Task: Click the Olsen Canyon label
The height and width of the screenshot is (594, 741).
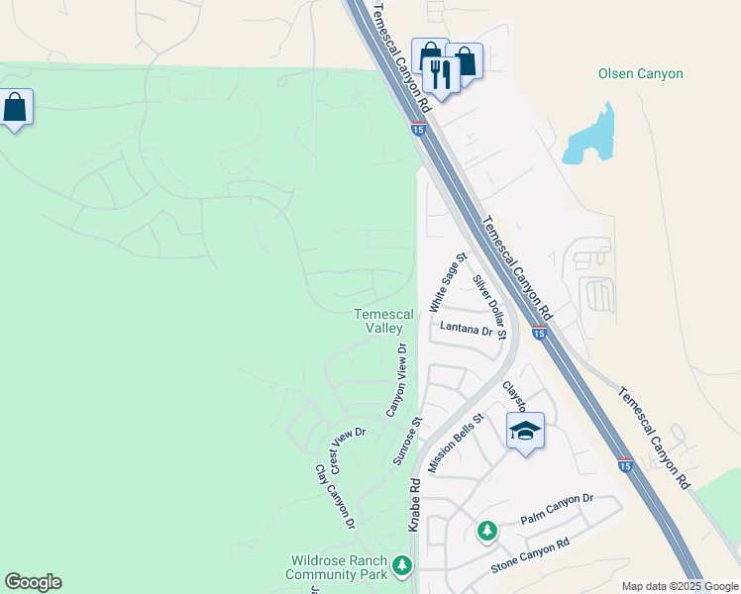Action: pos(641,73)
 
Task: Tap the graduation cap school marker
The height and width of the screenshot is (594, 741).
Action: pos(525,431)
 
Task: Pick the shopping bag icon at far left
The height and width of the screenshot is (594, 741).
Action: pos(16,108)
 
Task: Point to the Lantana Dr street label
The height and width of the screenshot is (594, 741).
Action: pos(461,330)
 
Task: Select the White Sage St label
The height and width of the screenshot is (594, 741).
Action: pos(448,281)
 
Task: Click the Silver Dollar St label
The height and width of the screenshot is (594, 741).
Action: pos(489,307)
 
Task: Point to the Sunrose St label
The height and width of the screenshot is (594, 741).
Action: pos(407,441)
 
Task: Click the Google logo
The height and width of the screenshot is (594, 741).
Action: pos(33,582)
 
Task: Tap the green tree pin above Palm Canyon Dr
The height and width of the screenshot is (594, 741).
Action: pos(486,531)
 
